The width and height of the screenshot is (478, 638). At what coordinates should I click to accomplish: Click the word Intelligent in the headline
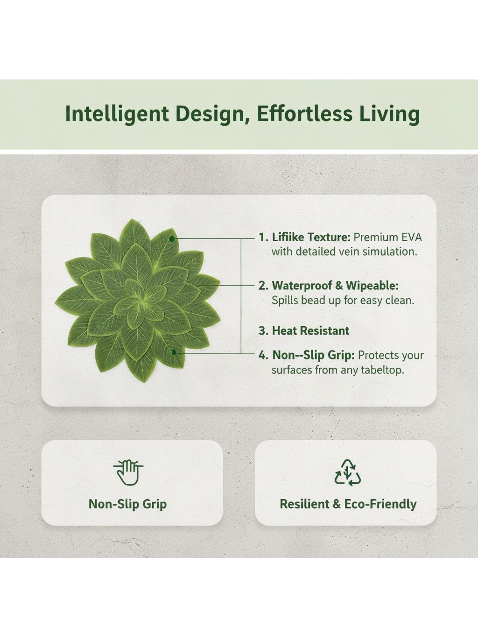coord(117,114)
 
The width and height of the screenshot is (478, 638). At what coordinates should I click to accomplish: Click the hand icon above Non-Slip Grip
coord(128,473)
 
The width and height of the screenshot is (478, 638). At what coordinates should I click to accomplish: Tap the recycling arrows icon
coord(348,473)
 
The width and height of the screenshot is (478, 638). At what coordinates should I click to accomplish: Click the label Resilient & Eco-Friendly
coord(348,512)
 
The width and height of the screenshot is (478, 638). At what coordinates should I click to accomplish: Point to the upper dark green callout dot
coord(172,239)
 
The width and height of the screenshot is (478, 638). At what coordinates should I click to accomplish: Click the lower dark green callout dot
coord(174,352)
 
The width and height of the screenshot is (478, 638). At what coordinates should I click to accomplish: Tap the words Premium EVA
coord(388,237)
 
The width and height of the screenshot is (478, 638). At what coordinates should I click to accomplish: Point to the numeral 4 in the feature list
coord(262,356)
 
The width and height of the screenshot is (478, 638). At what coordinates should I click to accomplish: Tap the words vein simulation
coord(370,251)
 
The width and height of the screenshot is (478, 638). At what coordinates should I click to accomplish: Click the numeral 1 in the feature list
coord(261,237)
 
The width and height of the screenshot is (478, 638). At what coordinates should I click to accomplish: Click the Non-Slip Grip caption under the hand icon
coord(128,512)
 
